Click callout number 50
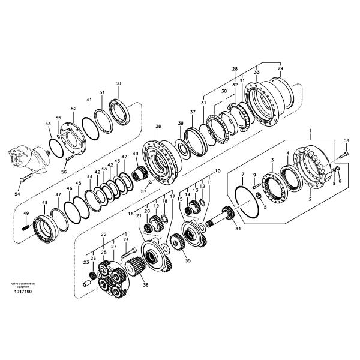[x=118, y=83]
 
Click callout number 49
[x=26, y=214]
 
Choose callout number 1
[x=310, y=130]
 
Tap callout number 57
[x=143, y=191]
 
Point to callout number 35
[x=187, y=261]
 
